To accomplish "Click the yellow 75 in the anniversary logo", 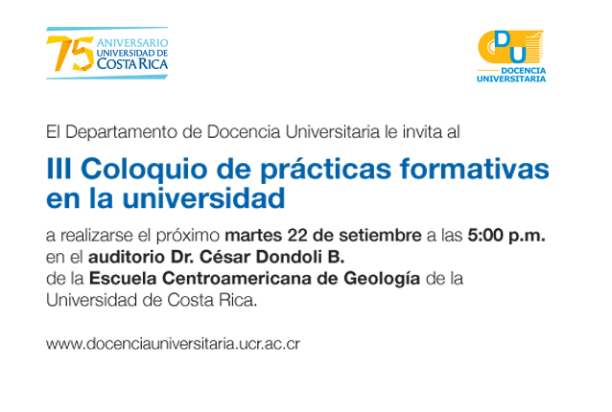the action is coord(70,54).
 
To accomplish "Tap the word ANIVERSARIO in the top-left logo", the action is coord(132,42).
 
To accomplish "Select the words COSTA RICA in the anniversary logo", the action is coord(132,63).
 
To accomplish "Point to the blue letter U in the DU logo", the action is coord(518,54).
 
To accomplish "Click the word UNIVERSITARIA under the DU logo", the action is coord(511,79).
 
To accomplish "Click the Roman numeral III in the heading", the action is coord(59,169).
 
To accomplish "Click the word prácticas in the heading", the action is coord(325,170).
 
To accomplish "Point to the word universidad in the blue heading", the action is coord(203,198).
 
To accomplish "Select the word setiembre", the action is coord(380,236).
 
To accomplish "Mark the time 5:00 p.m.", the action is coord(506,236).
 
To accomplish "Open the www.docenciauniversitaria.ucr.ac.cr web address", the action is coord(173,344).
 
